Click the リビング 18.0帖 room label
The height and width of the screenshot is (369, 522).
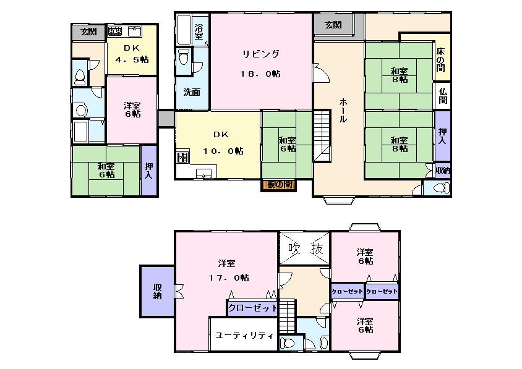click(260, 63)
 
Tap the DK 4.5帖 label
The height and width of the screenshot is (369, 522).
click(131, 54)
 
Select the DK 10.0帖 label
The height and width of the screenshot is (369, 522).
click(220, 142)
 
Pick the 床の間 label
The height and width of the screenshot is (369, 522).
click(441, 59)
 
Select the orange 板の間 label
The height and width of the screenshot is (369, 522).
click(276, 184)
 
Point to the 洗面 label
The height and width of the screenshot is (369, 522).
click(191, 92)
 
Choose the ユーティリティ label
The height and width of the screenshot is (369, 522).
click(245, 336)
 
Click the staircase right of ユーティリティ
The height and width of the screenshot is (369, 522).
click(286, 321)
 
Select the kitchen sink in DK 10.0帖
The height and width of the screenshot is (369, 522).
click(203, 174)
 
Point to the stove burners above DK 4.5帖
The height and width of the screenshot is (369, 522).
click(115, 30)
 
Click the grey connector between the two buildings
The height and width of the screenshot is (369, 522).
click(165, 118)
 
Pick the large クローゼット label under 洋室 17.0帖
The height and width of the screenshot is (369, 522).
click(252, 307)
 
